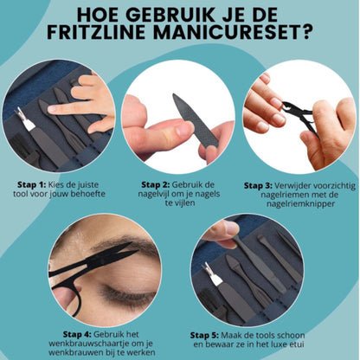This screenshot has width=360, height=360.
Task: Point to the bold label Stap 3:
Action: click(258, 184)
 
